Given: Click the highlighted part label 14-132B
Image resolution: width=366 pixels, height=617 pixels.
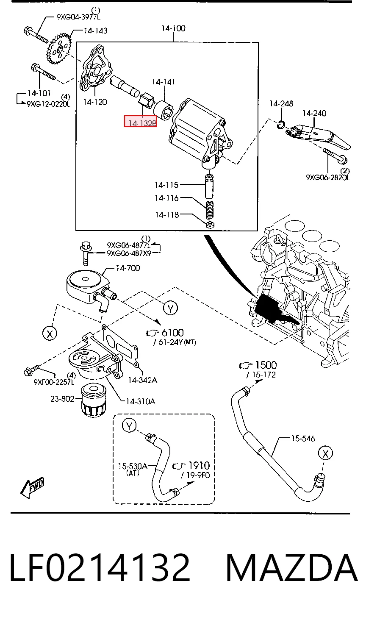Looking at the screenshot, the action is [x=140, y=122].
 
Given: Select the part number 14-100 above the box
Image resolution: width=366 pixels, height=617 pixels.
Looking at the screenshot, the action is [x=173, y=28].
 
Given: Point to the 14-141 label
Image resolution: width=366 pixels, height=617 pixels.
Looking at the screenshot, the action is [x=164, y=82].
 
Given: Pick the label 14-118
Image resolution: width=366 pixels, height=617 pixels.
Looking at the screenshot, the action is [x=167, y=215].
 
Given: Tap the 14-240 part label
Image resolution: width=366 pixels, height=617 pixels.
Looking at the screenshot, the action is [x=314, y=113].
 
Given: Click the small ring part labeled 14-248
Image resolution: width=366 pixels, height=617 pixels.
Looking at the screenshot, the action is [x=281, y=125].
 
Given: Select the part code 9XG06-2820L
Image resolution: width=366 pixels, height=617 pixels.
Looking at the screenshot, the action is [x=328, y=178].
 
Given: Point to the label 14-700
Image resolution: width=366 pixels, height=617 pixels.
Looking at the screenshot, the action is [x=128, y=268].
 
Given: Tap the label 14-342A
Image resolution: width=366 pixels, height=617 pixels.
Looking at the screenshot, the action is [x=143, y=381].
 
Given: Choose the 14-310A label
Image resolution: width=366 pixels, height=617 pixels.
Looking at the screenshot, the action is [x=141, y=402].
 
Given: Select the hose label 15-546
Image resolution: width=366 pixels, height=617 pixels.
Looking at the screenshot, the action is [x=303, y=438].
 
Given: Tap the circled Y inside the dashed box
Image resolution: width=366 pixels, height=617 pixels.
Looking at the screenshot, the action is [x=129, y=425].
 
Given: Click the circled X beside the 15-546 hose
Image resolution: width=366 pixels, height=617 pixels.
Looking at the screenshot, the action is [x=325, y=453].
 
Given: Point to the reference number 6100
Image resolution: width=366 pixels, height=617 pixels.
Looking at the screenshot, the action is [x=172, y=333].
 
